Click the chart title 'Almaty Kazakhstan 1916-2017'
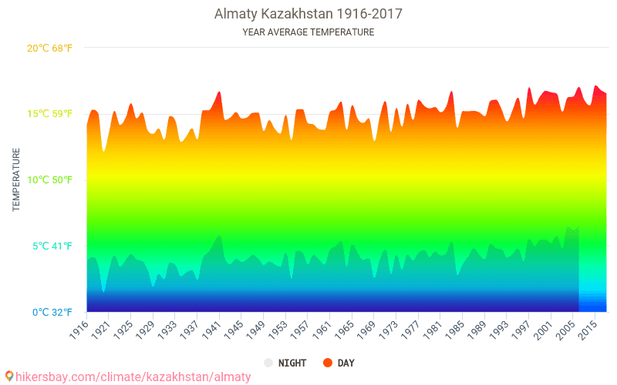[308, 14]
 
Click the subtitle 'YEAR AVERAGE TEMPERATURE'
[308, 32]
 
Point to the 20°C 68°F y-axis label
[49, 48]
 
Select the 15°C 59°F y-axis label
[49, 114]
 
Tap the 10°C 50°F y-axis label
[49, 180]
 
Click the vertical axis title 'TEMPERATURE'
[16, 180]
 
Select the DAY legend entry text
[346, 363]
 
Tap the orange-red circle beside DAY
[327, 363]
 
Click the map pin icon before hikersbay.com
[9, 377]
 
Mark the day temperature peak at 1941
[219, 92]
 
